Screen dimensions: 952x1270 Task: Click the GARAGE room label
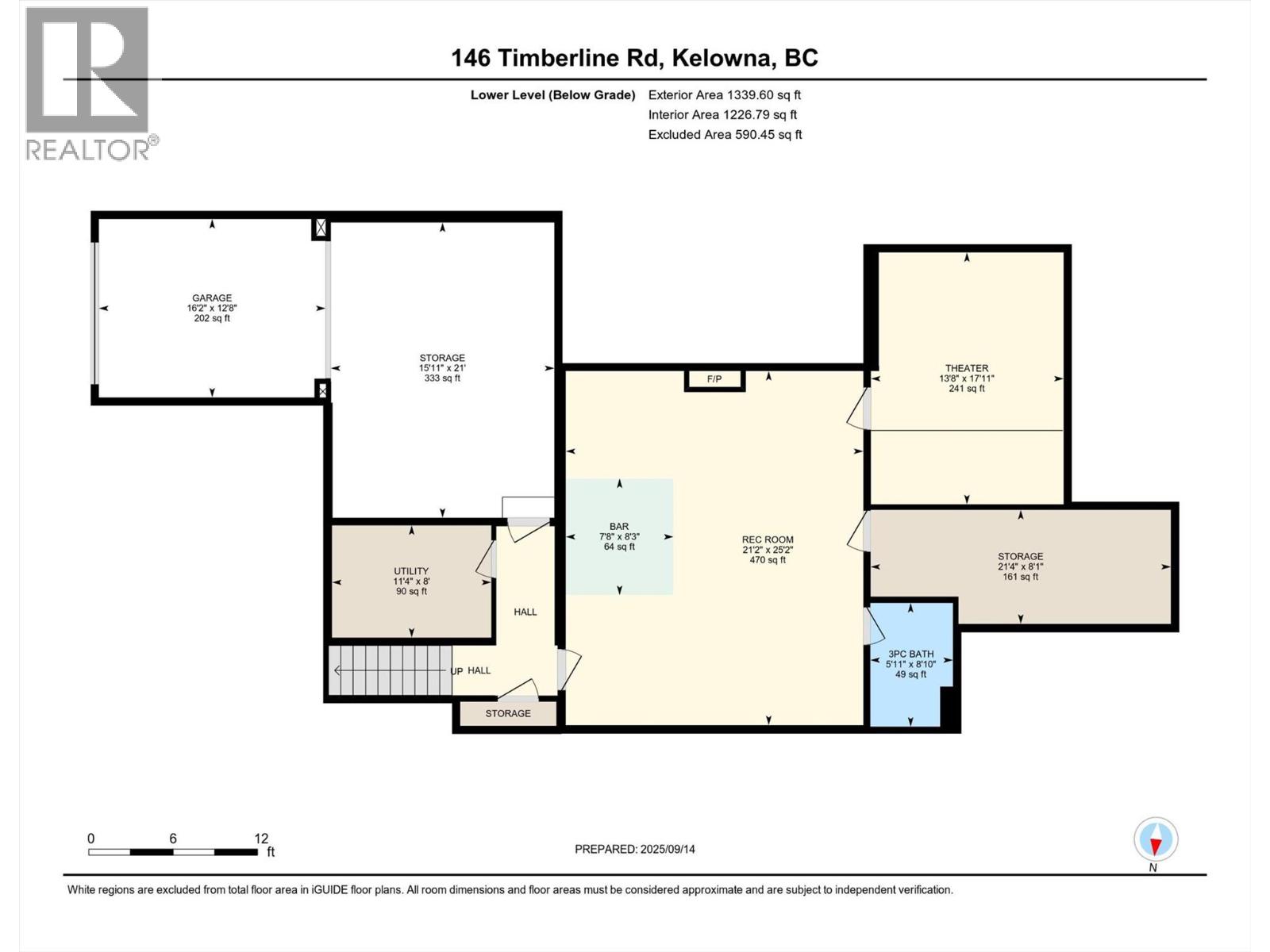pyautogui.click(x=211, y=298)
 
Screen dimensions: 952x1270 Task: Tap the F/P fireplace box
pyautogui.click(x=714, y=380)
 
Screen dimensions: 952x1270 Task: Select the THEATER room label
pyautogui.click(x=966, y=368)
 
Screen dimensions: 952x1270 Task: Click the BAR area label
pyautogui.click(x=618, y=527)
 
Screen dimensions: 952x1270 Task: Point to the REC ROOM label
pyautogui.click(x=768, y=539)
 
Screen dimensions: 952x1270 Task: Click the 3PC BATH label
pyautogui.click(x=910, y=654)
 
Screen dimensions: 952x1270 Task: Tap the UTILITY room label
pyautogui.click(x=410, y=571)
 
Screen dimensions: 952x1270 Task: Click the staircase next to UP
pyautogui.click(x=389, y=670)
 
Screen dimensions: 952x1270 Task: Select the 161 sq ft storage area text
pyautogui.click(x=1020, y=577)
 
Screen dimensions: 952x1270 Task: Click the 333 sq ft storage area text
pyautogui.click(x=442, y=378)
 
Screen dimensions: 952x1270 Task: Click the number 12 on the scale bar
pyautogui.click(x=261, y=839)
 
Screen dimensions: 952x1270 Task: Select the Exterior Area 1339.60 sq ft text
pyautogui.click(x=724, y=94)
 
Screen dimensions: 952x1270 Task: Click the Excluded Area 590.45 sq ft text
pyautogui.click(x=725, y=134)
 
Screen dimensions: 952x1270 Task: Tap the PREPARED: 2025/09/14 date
pyautogui.click(x=634, y=849)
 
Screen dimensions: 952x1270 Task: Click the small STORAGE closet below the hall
pyautogui.click(x=508, y=713)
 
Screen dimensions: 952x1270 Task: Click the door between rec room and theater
pyautogui.click(x=861, y=409)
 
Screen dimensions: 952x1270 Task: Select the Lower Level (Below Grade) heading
pyautogui.click(x=552, y=95)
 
